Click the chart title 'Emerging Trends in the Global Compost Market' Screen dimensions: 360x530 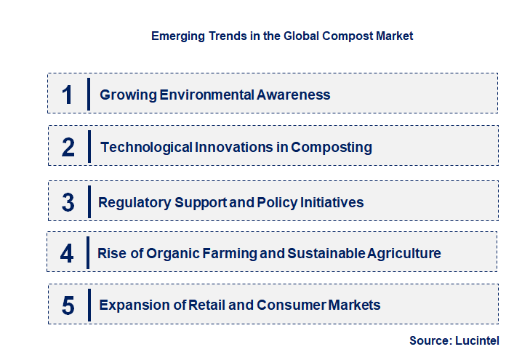click(x=282, y=36)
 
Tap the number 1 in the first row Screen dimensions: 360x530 click(x=68, y=95)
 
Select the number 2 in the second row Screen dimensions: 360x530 click(x=68, y=147)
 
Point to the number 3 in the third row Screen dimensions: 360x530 click(x=68, y=202)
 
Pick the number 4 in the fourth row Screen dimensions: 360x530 click(x=68, y=253)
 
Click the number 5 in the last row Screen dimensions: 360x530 click(x=68, y=305)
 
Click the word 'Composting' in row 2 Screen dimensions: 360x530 click(x=332, y=147)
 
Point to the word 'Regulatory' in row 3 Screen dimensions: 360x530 click(x=134, y=202)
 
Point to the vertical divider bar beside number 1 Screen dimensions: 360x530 click(x=88, y=94)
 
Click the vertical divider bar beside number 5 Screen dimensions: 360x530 click(x=88, y=305)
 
